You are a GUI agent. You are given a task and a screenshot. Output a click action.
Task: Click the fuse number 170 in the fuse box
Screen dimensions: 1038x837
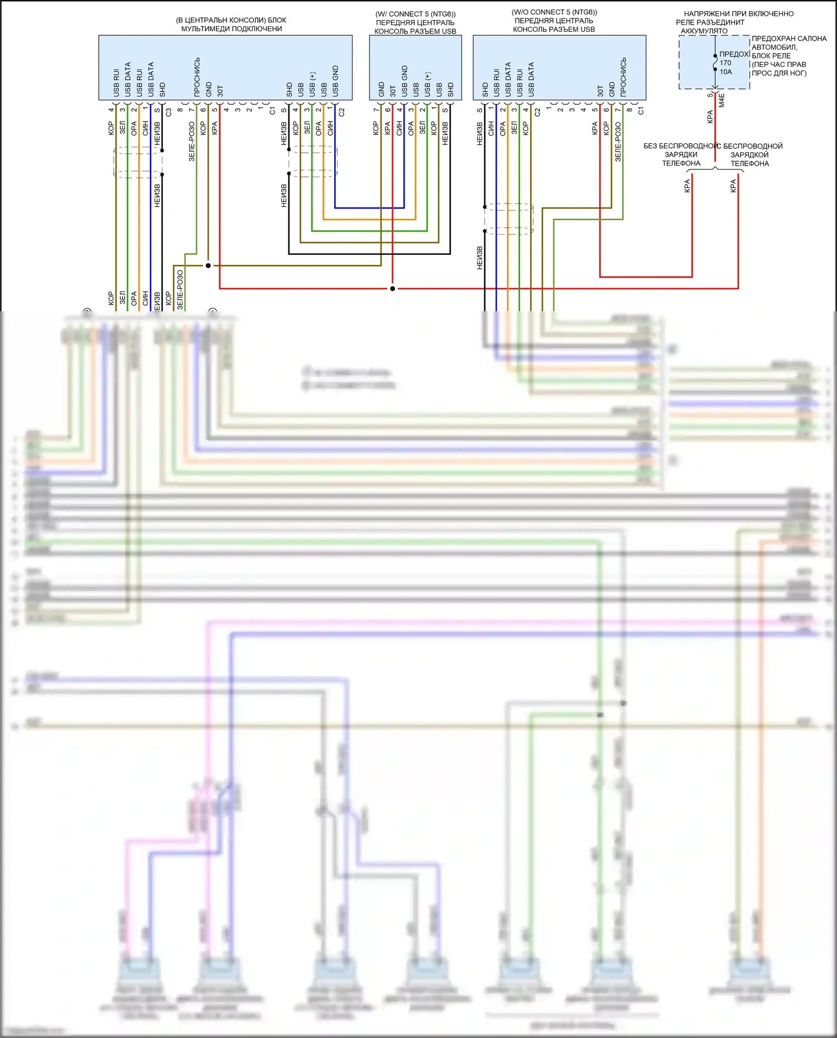coord(725,63)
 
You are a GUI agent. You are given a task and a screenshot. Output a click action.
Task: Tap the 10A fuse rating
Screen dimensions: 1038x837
coord(725,72)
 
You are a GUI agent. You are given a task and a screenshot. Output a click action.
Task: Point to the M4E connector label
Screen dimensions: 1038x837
coord(721,100)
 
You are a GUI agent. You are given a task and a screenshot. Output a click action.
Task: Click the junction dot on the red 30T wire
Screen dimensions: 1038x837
coord(392,288)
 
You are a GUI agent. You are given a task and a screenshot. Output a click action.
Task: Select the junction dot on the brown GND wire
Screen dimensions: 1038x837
coord(208,265)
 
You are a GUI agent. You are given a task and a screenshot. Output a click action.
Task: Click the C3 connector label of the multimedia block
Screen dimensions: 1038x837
coord(169,112)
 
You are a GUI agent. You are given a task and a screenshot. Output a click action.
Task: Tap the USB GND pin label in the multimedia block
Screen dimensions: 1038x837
coord(335,80)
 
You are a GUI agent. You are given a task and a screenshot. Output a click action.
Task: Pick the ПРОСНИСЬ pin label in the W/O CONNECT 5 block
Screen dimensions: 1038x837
coord(623,76)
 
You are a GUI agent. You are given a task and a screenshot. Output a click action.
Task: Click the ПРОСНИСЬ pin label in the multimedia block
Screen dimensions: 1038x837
coord(197,77)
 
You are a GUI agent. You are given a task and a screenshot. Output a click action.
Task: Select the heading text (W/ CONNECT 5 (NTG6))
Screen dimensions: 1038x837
coord(415,14)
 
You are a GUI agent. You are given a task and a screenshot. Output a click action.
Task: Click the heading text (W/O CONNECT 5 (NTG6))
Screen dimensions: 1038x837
coord(554,12)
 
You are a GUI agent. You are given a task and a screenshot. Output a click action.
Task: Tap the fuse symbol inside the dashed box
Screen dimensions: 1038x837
coord(715,62)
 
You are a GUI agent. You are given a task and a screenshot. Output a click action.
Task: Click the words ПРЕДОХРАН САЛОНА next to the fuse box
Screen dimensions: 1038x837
coord(789,38)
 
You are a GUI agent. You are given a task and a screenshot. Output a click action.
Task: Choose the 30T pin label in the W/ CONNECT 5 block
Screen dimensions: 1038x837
coord(393,90)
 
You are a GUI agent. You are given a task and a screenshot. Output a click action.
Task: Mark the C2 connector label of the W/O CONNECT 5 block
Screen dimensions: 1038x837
coord(537,112)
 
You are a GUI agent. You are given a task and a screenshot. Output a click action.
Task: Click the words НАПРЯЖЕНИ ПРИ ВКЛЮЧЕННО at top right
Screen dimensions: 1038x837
coord(738,13)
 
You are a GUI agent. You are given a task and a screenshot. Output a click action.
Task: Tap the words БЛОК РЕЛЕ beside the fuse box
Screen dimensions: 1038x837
coord(771,56)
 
